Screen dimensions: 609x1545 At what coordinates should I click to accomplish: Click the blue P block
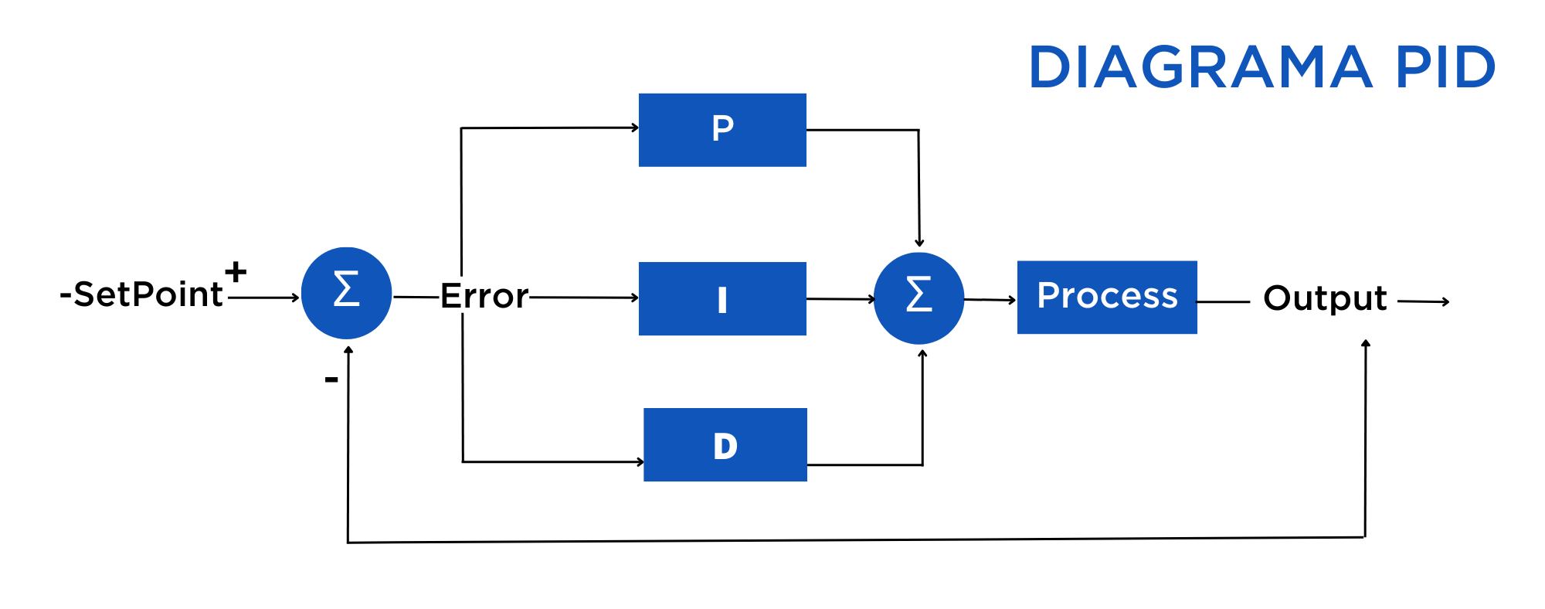(722, 130)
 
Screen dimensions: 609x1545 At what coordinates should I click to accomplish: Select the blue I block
(722, 298)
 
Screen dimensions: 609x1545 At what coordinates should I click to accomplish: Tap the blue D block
(725, 444)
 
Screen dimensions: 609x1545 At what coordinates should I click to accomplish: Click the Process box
(1107, 297)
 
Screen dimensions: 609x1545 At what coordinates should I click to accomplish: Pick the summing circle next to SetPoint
(346, 292)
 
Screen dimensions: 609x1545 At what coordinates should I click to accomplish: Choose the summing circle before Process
(919, 298)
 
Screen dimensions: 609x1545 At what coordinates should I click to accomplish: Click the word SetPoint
(147, 294)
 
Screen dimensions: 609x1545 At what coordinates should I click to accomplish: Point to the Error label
(484, 296)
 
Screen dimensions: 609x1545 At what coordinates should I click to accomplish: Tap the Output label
(1325, 298)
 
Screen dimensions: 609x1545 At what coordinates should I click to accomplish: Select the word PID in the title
(1445, 67)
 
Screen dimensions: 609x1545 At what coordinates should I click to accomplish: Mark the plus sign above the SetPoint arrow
(236, 271)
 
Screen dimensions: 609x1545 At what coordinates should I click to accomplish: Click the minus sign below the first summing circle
(331, 379)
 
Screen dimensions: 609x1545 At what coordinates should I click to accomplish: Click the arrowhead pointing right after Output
(1445, 302)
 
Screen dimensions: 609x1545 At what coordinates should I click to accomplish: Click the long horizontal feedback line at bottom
(850, 540)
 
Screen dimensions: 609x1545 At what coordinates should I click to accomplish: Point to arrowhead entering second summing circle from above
(919, 243)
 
